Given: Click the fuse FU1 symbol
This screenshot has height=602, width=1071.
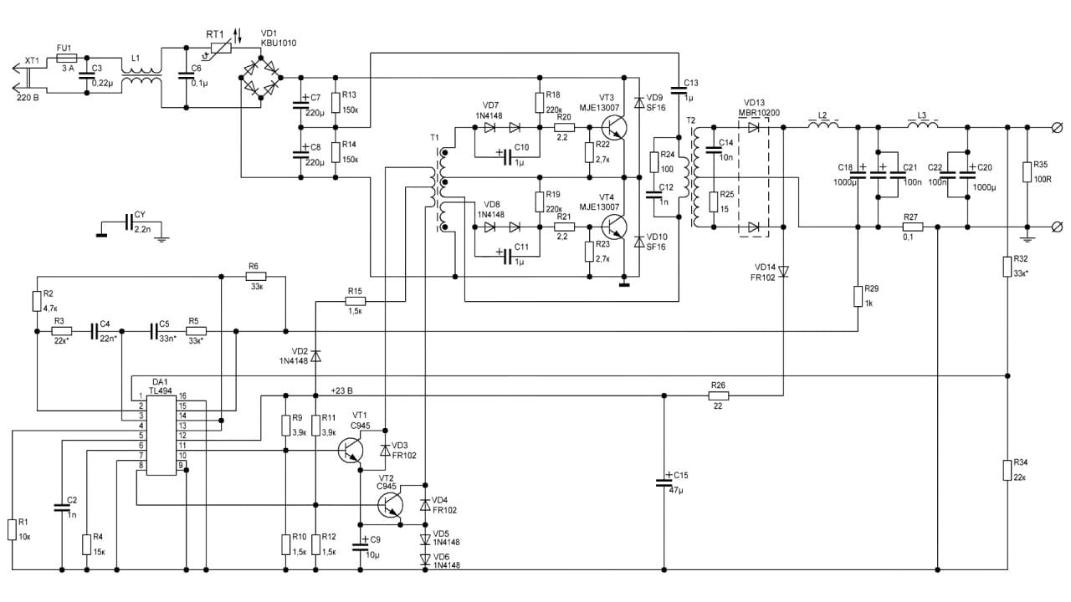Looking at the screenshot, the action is [66, 59].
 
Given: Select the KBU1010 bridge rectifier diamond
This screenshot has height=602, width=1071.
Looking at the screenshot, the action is [260, 78].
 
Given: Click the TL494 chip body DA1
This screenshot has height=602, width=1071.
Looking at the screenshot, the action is [161, 436].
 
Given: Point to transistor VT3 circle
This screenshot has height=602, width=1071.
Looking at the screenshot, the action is [613, 128].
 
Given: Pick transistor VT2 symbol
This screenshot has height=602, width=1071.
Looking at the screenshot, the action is [390, 505].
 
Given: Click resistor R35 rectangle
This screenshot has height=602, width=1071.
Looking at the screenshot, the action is [1027, 172].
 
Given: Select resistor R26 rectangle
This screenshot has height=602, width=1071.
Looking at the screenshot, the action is [719, 395].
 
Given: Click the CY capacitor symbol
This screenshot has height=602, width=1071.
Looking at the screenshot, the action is [129, 222].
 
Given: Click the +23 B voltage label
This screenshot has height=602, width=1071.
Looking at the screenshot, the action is [342, 390].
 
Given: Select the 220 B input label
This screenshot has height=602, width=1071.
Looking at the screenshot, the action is [28, 98].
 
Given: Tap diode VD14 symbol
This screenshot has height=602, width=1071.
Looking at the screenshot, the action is [783, 272].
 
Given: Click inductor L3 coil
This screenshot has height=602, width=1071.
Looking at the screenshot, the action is [922, 125].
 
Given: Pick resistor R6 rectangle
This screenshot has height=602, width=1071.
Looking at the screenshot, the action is [256, 276].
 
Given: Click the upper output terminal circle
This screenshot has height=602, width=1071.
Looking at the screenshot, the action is [1058, 128].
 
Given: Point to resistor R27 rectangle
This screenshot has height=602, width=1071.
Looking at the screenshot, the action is [913, 227].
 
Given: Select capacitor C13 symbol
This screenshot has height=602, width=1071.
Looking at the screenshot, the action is [679, 90].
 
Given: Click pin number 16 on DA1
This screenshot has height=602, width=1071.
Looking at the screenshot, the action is [182, 395].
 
